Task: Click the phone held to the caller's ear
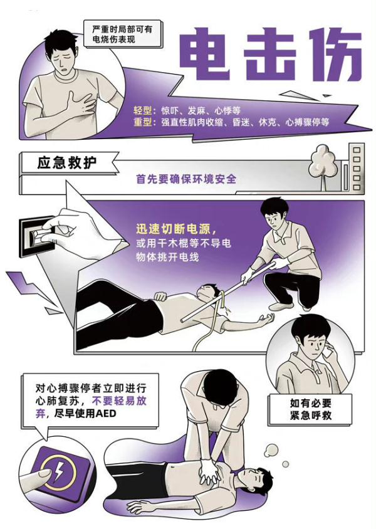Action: pyautogui.click(x=328, y=352)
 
